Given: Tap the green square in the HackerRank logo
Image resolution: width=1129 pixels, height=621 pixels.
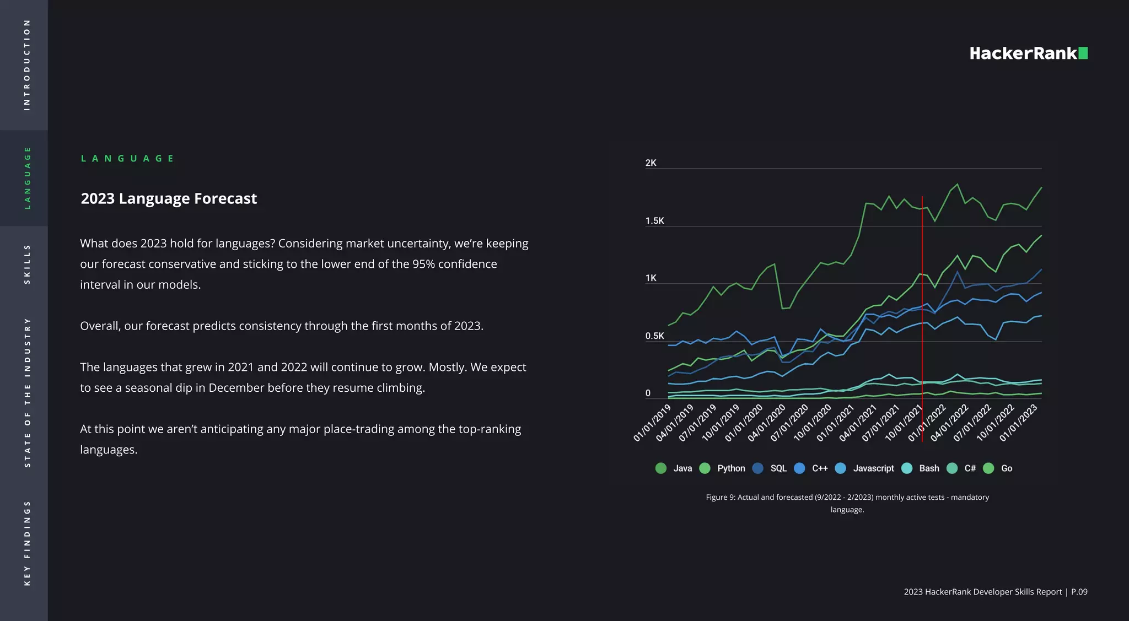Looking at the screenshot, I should click(1083, 53).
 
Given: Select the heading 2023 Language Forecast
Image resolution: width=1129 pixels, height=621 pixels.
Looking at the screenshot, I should click(169, 198).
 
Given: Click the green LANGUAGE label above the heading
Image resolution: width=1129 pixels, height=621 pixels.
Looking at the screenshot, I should click(127, 159).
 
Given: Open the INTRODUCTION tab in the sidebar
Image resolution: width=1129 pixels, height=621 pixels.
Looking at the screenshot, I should click(26, 65).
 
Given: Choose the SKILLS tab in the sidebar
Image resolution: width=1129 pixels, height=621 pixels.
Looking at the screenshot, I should click(26, 264).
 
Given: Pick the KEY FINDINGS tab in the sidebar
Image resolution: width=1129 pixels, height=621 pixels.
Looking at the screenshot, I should click(26, 543).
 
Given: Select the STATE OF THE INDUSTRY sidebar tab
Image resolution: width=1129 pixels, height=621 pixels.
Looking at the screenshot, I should click(26, 392).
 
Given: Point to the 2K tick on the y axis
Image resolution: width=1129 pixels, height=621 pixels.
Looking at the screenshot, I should click(650, 163).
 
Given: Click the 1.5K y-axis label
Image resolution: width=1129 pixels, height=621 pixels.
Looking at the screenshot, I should click(654, 221).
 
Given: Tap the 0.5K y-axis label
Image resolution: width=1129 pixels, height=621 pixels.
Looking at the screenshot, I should click(654, 336).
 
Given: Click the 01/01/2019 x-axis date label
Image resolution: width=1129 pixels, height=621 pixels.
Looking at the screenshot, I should click(653, 423).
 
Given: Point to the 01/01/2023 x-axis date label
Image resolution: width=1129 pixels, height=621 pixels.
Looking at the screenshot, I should click(1018, 423).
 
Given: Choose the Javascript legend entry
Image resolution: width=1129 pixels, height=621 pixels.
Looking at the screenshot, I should click(865, 468).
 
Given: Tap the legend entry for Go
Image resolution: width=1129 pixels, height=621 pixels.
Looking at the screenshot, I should click(998, 468).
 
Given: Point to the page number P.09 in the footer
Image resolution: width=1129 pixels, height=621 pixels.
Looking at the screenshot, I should click(1079, 592).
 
